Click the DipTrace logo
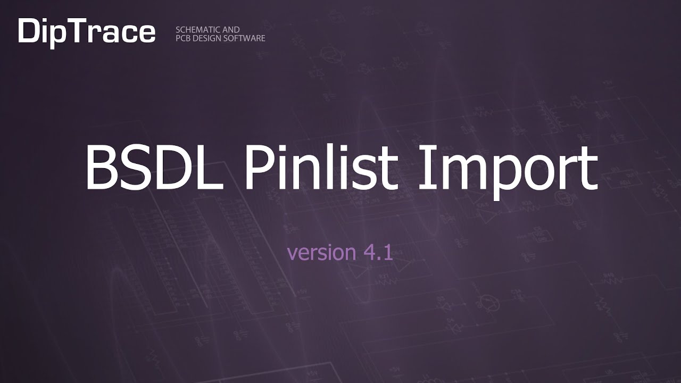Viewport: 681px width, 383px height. [x=87, y=32]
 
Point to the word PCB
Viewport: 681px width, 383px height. [x=183, y=38]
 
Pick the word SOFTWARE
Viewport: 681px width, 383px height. [x=247, y=38]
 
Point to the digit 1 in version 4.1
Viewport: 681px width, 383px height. [x=388, y=252]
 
